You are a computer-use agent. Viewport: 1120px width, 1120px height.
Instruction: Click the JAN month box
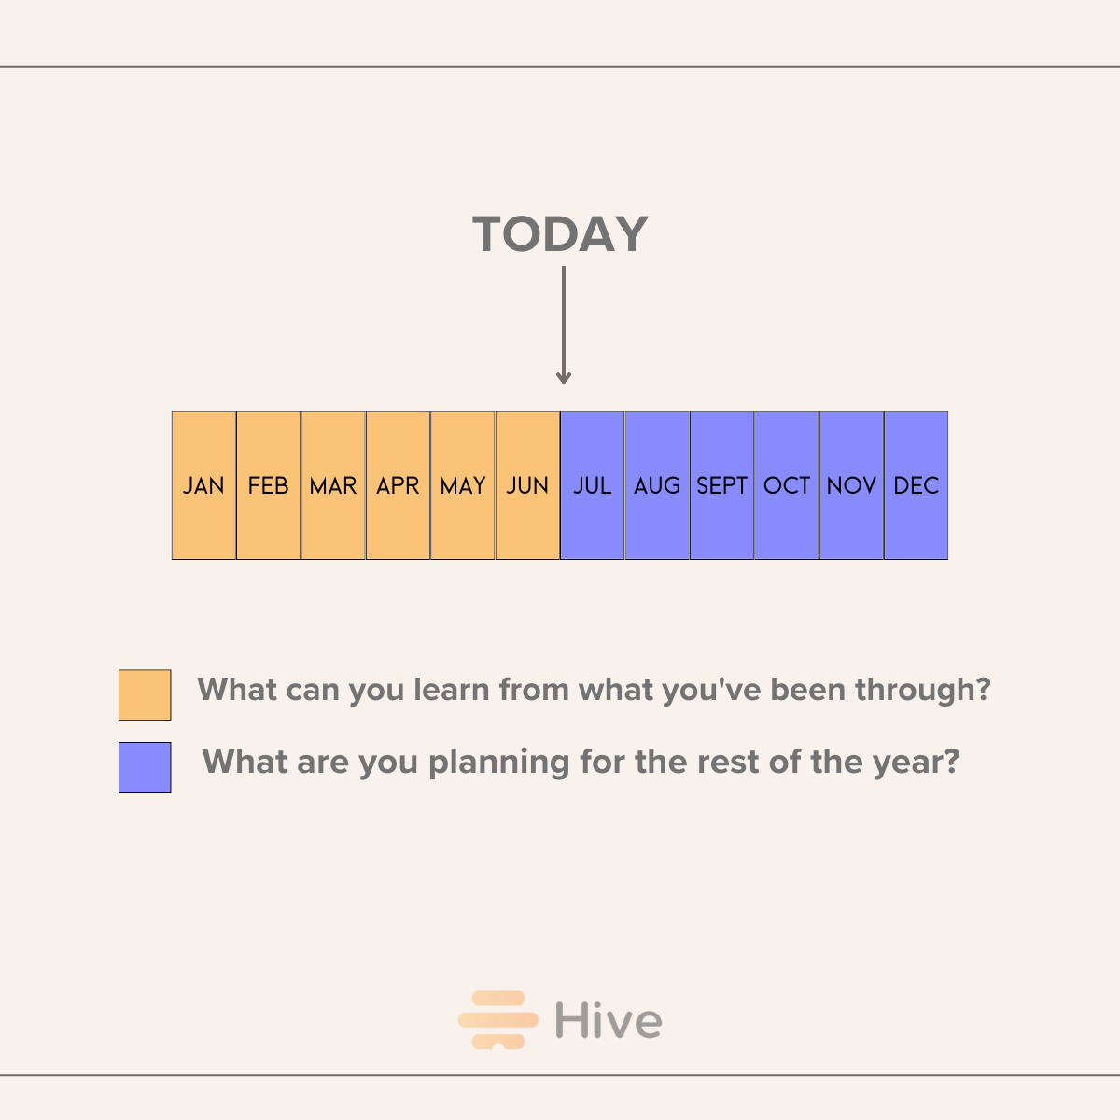pyautogui.click(x=203, y=485)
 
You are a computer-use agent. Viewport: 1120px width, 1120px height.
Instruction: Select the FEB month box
pyautogui.click(x=268, y=485)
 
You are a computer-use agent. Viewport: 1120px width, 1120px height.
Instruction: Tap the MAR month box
pyautogui.click(x=333, y=485)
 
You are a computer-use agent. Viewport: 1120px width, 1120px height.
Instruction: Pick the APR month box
pyautogui.click(x=398, y=485)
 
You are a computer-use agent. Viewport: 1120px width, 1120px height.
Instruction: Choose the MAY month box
pyautogui.click(x=463, y=485)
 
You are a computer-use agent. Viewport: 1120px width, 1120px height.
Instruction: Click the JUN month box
pyautogui.click(x=527, y=485)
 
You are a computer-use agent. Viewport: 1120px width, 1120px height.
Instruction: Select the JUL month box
pyautogui.click(x=593, y=485)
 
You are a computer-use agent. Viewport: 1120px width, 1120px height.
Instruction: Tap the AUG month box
pyautogui.click(x=657, y=485)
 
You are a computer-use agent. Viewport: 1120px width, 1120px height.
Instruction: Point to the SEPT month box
pyautogui.click(x=722, y=485)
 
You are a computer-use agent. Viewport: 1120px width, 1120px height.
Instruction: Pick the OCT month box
pyautogui.click(x=787, y=485)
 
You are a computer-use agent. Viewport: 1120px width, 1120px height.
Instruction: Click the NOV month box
pyautogui.click(x=851, y=485)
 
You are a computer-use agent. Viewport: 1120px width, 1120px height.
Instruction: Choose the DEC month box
pyautogui.click(x=917, y=485)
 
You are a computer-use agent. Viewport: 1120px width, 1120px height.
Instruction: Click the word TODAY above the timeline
pyautogui.click(x=560, y=234)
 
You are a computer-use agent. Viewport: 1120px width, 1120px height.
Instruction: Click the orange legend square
pyautogui.click(x=145, y=694)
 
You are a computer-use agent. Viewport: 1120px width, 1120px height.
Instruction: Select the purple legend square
pyautogui.click(x=145, y=767)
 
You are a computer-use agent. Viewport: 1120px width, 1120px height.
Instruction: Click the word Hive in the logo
pyautogui.click(x=609, y=1020)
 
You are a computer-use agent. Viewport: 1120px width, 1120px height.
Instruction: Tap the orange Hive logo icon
pyautogui.click(x=498, y=1020)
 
